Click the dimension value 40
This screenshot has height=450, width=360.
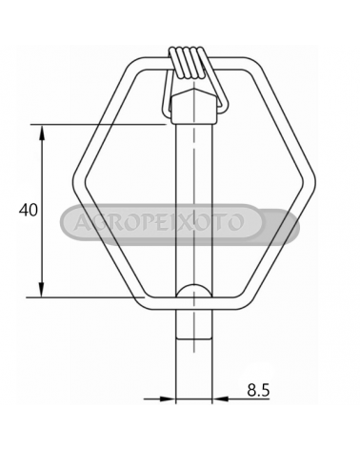pos(29,210)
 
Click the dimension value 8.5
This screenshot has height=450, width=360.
pos(258,390)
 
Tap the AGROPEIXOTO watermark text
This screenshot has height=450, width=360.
pos(159,222)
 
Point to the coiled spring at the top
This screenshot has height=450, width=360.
pos(187,62)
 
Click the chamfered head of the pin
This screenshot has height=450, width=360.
pos(193,107)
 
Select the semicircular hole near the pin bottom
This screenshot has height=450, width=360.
pos(193,290)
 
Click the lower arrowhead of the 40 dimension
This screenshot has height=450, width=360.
pos(42,289)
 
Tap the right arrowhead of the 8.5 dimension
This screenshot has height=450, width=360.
pos(220,399)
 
